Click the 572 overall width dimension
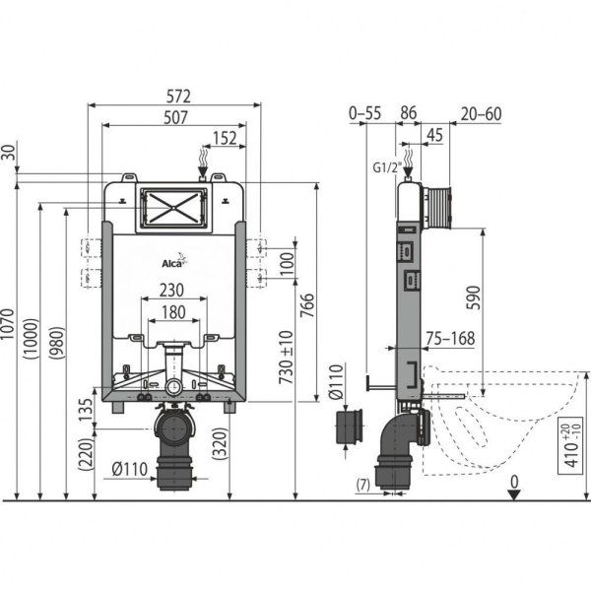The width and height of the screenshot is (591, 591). [x=177, y=96]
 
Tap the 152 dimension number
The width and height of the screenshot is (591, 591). [x=225, y=139]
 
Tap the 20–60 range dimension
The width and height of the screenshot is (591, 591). [x=480, y=114]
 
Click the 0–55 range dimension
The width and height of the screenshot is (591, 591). [x=364, y=114]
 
